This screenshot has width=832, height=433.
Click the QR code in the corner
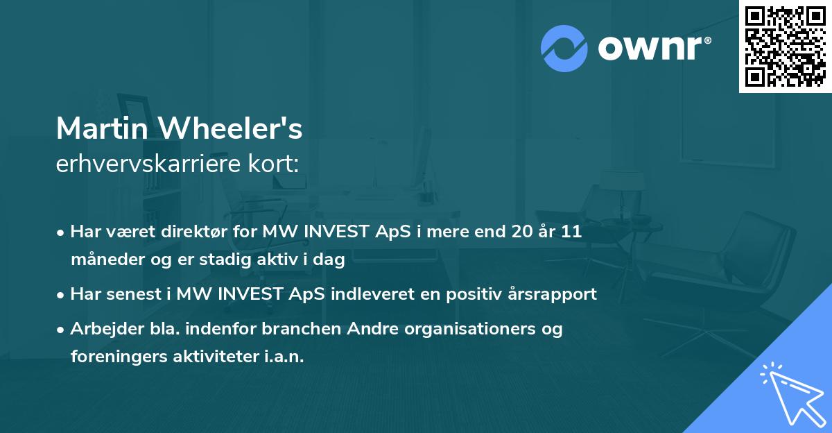785,46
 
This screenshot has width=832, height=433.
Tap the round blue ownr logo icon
564,48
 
